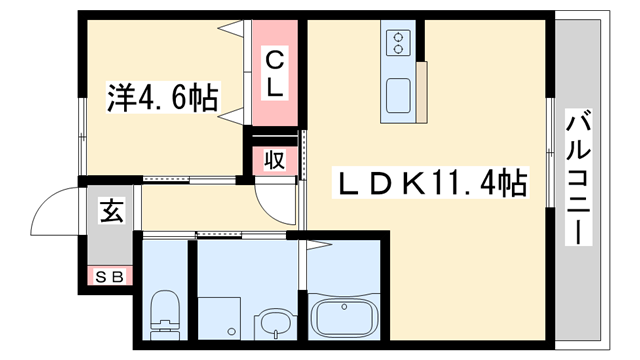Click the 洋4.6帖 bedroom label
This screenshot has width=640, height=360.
[163, 98]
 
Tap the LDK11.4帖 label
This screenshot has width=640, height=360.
[430, 183]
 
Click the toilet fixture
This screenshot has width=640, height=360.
[162, 312]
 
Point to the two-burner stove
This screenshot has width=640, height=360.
[398, 43]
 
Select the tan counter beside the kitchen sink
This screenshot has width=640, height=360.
[422, 90]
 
